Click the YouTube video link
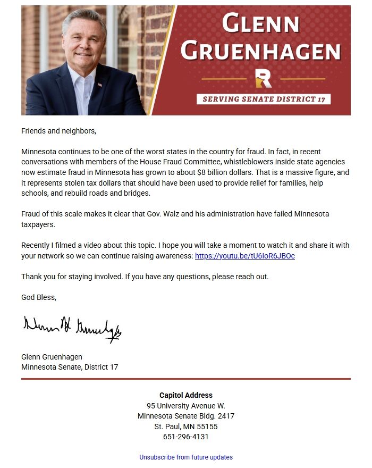click(244, 256)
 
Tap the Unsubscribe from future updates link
click(185, 457)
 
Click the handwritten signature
click(72, 328)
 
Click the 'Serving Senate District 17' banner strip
click(263, 99)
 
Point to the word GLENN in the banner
click(260, 24)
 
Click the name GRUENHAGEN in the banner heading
click(260, 51)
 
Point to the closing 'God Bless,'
click(38, 297)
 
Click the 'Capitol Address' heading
click(185, 395)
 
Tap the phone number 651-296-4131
click(185, 437)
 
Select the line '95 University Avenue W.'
click(185, 406)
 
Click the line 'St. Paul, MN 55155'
click(185, 427)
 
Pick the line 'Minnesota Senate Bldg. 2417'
click(185, 416)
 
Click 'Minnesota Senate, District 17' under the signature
click(70, 367)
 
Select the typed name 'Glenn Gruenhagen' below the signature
click(52, 357)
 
